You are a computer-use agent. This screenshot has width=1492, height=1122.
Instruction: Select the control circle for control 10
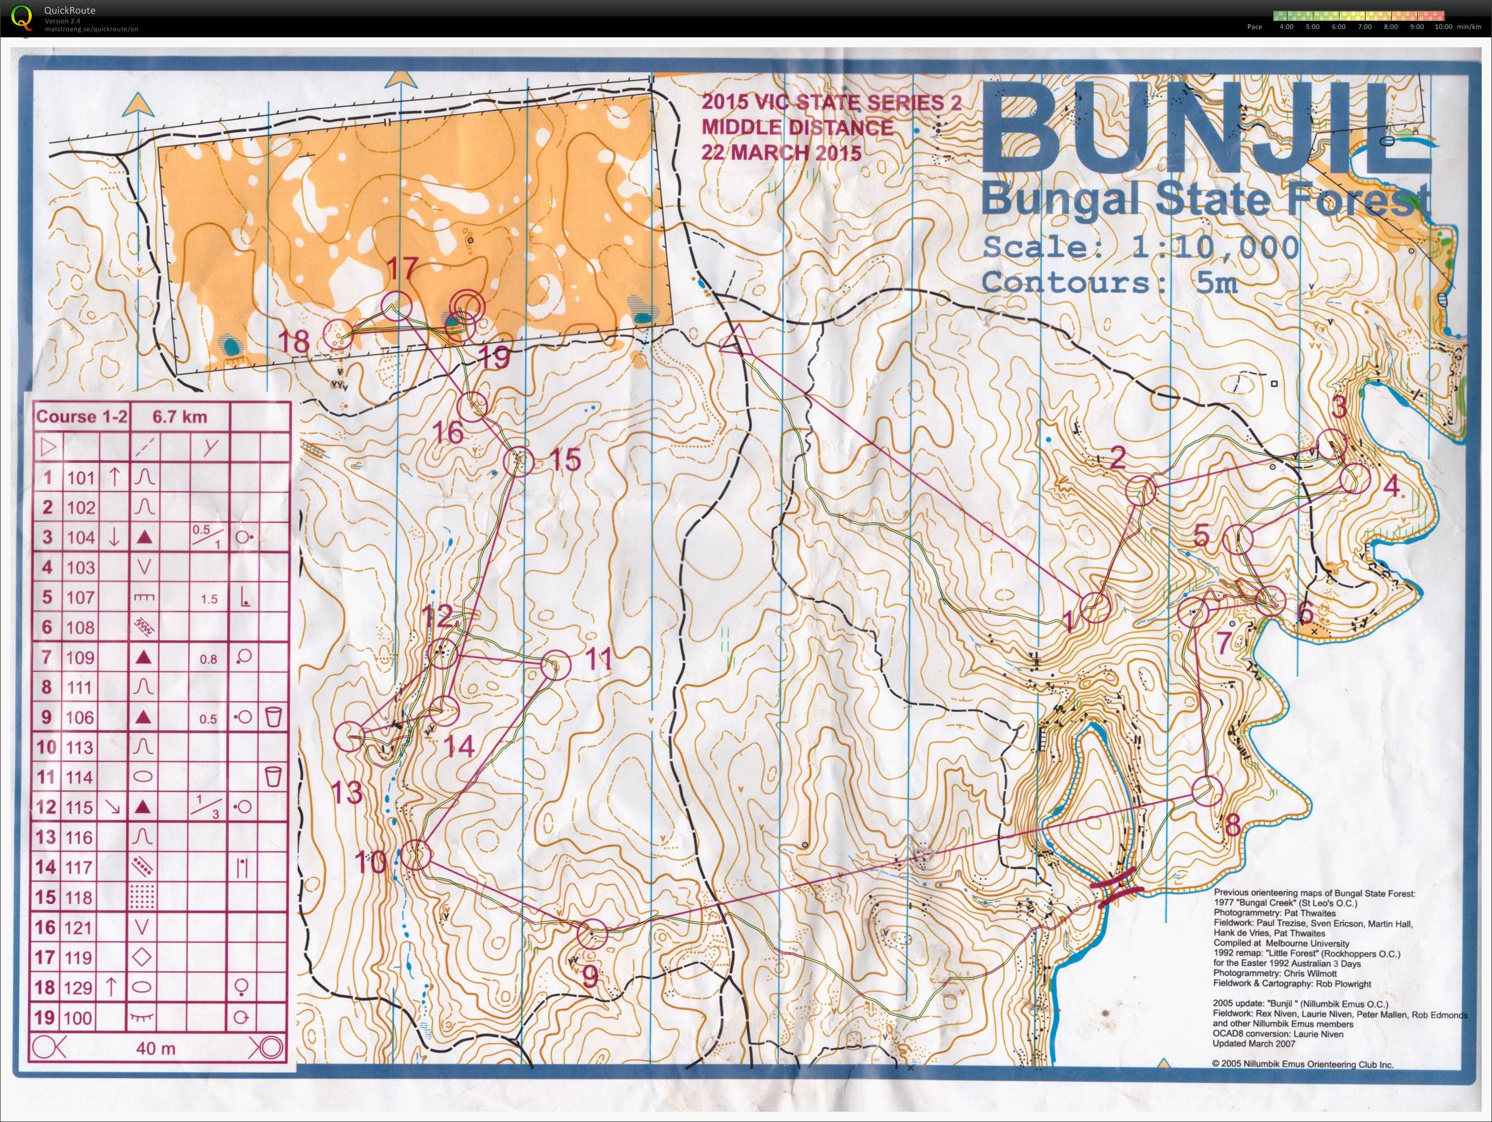[416, 855]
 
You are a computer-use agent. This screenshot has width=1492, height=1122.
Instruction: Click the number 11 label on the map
[596, 658]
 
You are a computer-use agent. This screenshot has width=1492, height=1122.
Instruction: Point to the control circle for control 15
[519, 461]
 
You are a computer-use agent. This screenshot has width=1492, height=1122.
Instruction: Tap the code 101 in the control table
[80, 478]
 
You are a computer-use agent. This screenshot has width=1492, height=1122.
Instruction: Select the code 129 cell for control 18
[79, 988]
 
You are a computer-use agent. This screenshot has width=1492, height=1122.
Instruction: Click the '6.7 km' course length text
[180, 416]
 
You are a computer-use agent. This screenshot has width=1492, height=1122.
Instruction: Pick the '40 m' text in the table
[156, 1048]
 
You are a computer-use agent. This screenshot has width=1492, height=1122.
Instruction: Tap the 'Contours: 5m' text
[1109, 282]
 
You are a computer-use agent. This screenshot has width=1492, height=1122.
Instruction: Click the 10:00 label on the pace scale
[1443, 27]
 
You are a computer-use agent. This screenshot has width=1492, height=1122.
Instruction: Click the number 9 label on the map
[590, 976]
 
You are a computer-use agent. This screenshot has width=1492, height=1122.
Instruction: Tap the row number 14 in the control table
[46, 867]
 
